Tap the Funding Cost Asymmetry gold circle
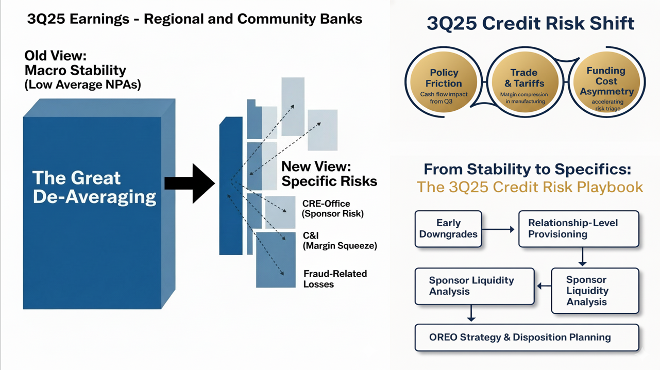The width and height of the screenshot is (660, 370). click(x=606, y=82)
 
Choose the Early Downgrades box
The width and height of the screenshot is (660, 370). click(x=448, y=229)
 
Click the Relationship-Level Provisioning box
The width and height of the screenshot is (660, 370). click(x=578, y=229)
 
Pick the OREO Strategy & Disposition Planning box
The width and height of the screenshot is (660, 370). click(x=527, y=338)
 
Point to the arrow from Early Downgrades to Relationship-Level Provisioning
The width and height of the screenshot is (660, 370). click(x=498, y=229)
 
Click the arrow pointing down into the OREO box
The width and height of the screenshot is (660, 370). click(x=471, y=313)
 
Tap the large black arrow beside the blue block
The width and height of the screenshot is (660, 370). click(x=189, y=183)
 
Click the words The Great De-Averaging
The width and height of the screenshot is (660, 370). click(x=94, y=188)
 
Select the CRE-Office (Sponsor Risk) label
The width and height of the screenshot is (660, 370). click(x=333, y=209)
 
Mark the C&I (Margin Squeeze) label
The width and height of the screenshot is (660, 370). click(x=340, y=241)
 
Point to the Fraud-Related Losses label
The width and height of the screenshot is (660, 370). click(x=335, y=279)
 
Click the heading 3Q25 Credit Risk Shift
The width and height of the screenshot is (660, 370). click(x=530, y=24)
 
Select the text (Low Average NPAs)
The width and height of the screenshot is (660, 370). click(x=82, y=85)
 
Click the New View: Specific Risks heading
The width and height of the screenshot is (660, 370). click(x=329, y=174)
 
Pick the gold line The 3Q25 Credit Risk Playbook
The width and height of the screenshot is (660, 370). click(x=530, y=187)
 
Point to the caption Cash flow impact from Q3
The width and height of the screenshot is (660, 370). click(x=443, y=98)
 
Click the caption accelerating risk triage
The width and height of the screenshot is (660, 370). click(x=607, y=105)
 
